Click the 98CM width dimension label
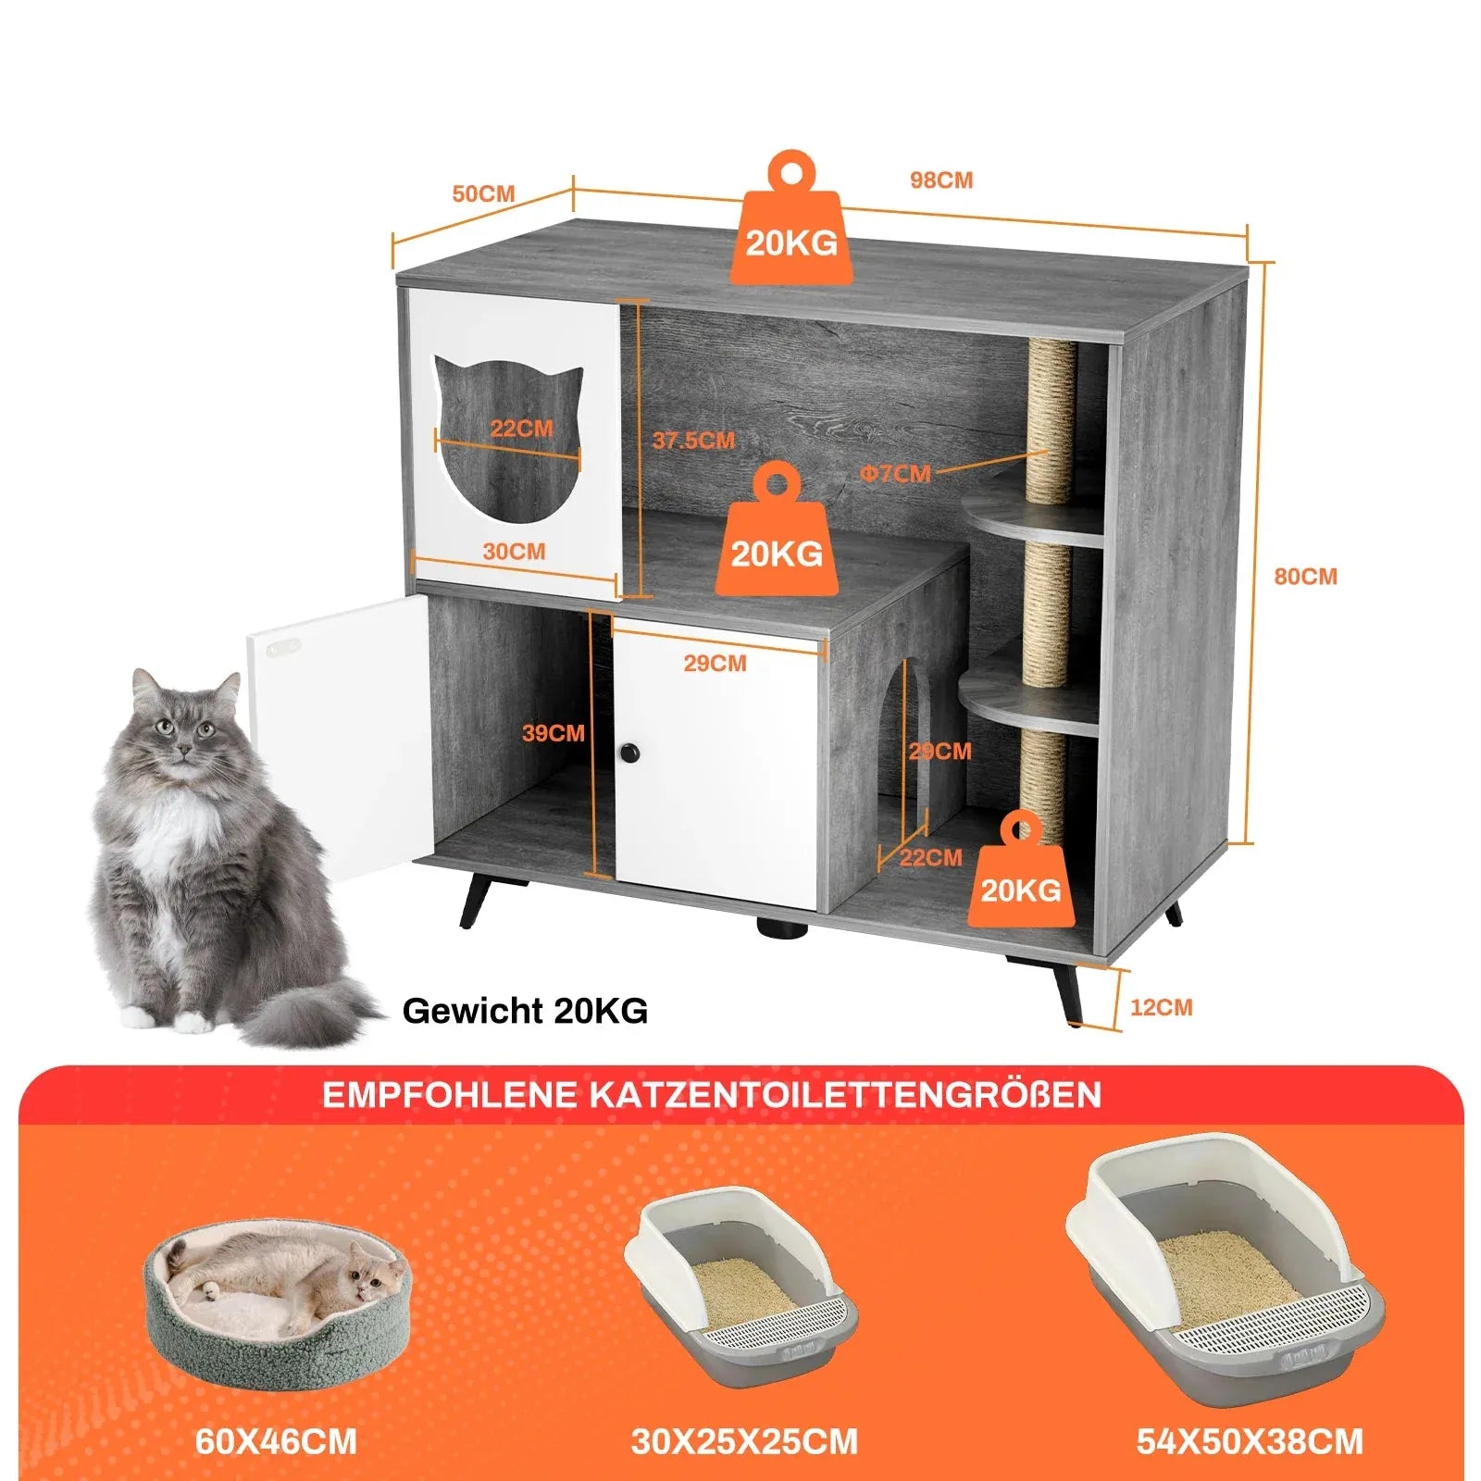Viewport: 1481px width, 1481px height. coord(940,180)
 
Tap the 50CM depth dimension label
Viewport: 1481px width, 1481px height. coord(482,194)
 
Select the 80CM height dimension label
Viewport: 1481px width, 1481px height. coord(1305,577)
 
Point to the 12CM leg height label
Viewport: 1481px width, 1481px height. coord(1161,1007)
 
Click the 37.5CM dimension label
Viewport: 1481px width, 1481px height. coord(693,441)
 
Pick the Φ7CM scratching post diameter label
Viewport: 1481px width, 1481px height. coord(895,474)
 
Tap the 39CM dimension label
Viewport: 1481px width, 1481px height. coord(553,733)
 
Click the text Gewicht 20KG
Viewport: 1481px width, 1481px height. coord(525,1010)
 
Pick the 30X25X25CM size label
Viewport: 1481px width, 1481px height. coord(744,1441)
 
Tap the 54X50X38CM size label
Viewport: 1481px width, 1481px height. coord(1250,1441)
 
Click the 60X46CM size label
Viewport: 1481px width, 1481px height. coord(276,1441)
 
